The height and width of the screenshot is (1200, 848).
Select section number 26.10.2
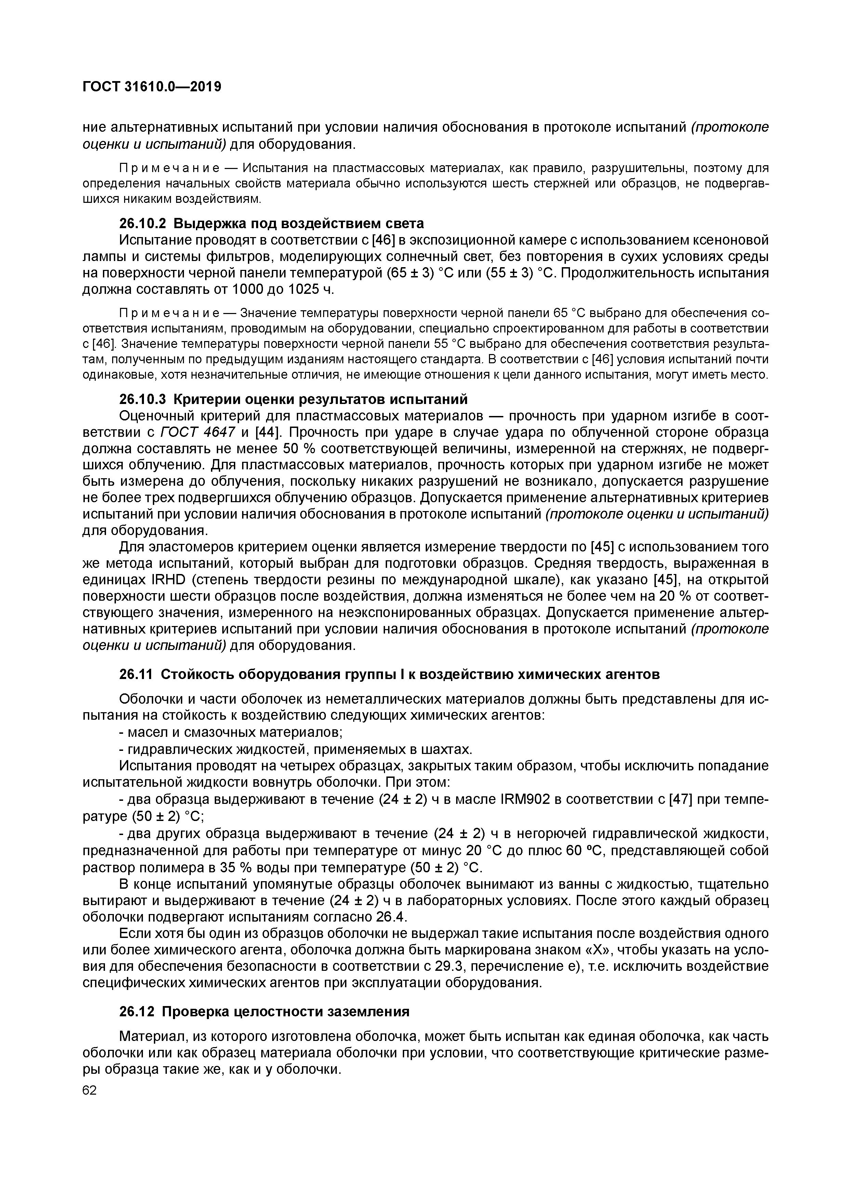[143, 224]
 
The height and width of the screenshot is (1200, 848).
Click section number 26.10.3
[143, 399]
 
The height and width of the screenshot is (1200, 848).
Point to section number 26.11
[136, 675]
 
